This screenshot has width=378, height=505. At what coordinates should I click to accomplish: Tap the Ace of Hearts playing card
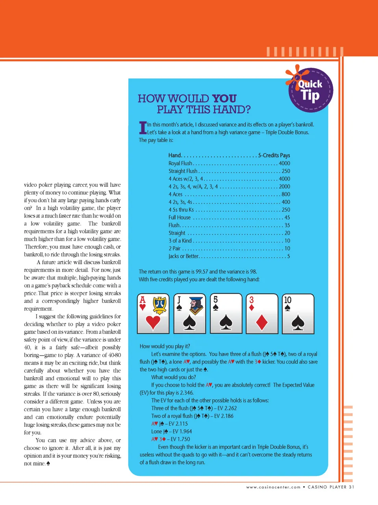click(153, 313)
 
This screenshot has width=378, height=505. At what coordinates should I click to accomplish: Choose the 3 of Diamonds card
click(262, 313)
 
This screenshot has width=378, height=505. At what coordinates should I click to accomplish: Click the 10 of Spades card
click(298, 313)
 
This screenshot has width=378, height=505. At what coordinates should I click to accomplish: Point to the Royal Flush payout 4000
click(284, 163)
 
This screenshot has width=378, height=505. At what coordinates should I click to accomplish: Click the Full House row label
click(180, 217)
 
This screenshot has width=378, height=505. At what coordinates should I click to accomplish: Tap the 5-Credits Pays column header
click(274, 155)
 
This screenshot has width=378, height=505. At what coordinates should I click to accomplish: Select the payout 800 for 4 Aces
click(286, 194)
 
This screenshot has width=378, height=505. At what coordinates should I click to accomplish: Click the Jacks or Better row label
click(184, 256)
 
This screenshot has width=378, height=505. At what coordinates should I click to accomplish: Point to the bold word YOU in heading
click(224, 98)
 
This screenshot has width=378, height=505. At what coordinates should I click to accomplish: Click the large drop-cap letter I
click(143, 128)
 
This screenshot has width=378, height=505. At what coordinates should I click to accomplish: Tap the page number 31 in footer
click(351, 487)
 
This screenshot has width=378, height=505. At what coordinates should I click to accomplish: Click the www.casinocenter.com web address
click(273, 487)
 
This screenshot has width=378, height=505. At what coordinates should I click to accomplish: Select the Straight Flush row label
click(183, 171)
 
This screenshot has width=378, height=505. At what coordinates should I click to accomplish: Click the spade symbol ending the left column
click(48, 463)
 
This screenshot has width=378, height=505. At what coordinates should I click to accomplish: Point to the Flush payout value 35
click(287, 225)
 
